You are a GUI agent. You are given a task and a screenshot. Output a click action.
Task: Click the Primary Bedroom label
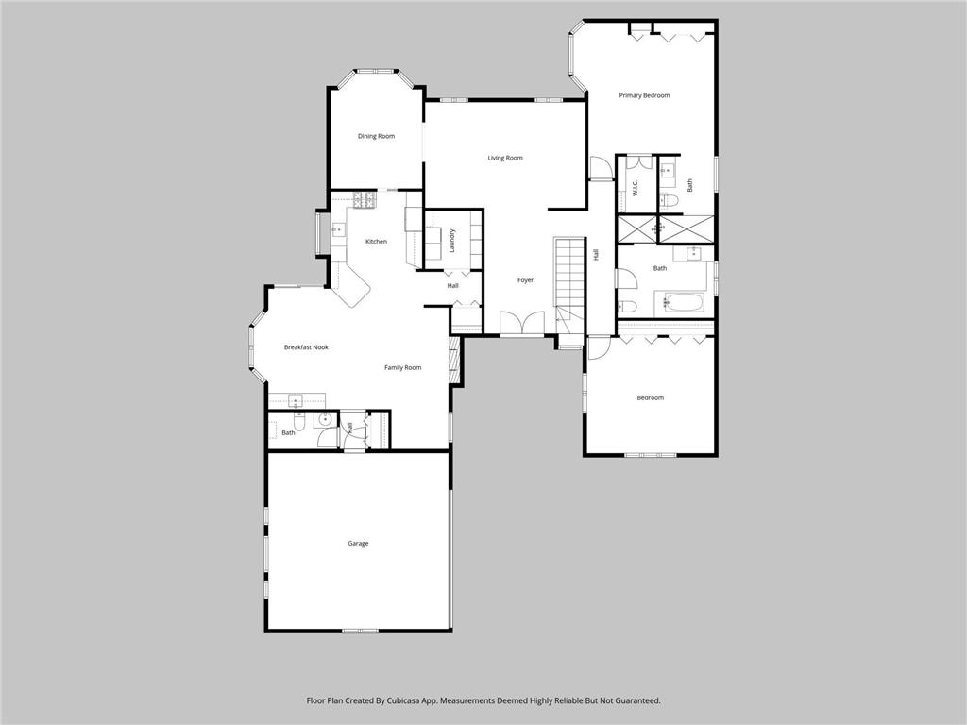pos(644,95)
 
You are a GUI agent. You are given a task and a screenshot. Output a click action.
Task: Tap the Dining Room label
pos(376,136)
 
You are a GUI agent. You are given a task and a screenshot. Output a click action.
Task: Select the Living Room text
pos(505,158)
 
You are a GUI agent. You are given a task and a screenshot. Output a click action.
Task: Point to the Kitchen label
pos(376,242)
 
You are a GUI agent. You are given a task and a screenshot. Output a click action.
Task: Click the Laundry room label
pos(453,240)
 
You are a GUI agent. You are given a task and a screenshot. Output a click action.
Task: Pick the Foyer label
pos(525,280)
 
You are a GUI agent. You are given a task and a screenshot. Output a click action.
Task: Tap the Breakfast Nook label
pos(306,347)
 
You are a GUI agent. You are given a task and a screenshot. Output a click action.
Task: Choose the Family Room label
pos(402,367)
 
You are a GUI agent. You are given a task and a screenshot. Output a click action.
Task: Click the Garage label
pos(358,543)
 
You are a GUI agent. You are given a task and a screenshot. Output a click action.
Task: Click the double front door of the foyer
pos(522,323)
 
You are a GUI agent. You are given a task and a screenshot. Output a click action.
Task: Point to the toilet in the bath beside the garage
pos(300,421)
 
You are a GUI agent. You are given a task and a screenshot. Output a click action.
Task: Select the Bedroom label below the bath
pos(650,397)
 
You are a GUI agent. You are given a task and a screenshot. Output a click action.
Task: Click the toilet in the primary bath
pos(668,199)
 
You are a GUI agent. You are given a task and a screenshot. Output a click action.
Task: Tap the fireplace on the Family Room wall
pos(454,361)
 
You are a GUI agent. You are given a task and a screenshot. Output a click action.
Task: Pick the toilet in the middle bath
pos(626,305)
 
